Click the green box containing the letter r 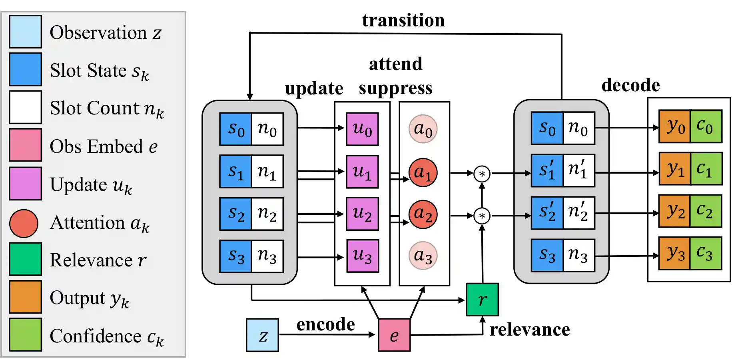click(482, 300)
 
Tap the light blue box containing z click(262, 335)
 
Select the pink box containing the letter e click(394, 335)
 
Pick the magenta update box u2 click(362, 214)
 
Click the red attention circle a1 click(423, 172)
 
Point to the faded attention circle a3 click(423, 256)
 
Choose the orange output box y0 click(674, 126)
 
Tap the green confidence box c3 click(706, 254)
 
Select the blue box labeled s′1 click(547, 170)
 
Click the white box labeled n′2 click(578, 213)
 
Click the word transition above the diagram click(403, 20)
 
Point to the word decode click(630, 85)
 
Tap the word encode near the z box click(325, 324)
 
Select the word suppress click(395, 88)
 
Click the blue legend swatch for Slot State click(25, 70)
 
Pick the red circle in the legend click(24, 223)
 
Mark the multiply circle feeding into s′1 click(482, 174)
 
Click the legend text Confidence click(96, 336)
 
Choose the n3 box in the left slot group click(267, 256)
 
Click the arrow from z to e click(326, 334)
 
